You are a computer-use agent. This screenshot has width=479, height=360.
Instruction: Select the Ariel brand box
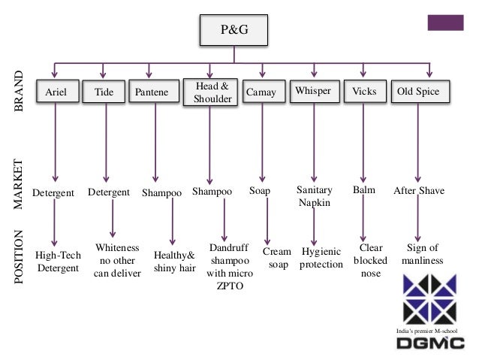[x=57, y=92]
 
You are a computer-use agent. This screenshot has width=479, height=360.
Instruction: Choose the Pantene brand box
[x=152, y=92]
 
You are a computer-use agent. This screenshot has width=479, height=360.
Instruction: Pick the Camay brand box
[x=261, y=92]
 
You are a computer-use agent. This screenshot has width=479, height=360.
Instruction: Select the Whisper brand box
[x=313, y=92]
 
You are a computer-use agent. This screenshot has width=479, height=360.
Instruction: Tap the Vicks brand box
[x=364, y=92]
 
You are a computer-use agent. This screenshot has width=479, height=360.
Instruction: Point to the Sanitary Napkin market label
[x=314, y=197]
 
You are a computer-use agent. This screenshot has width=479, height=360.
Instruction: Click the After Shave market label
[x=419, y=192]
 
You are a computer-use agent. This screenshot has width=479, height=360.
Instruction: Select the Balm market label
[x=363, y=191]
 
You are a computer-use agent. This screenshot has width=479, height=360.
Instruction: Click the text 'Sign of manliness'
[x=422, y=254]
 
